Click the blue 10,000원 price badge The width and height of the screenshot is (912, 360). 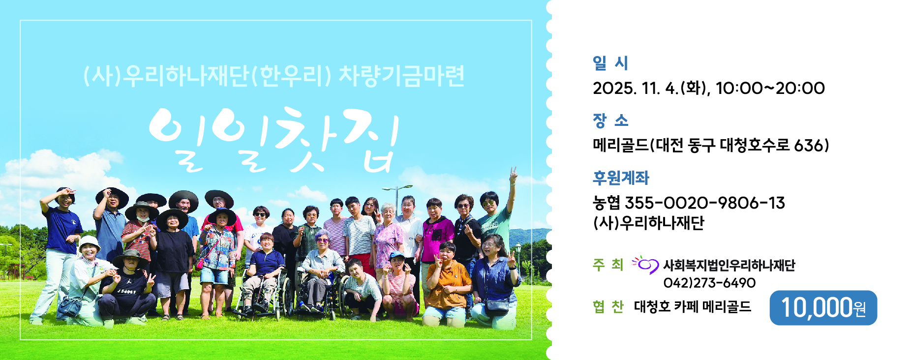pos(823,307)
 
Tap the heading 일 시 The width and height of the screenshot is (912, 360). pos(610,63)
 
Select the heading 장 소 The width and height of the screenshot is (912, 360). pos(610,120)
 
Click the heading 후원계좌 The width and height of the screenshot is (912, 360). pos(621,178)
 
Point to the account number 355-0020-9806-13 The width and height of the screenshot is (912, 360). pos(704,203)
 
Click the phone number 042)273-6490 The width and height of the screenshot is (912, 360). pos(709,283)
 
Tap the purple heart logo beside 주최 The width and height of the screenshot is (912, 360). pos(645,265)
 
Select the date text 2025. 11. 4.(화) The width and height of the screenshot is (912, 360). pos(651,89)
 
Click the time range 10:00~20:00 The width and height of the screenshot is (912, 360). pos(770,89)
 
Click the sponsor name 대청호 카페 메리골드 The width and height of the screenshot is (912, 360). pos(693,307)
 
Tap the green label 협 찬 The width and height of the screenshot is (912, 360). pos(608,307)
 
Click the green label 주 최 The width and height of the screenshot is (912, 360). pos(608,265)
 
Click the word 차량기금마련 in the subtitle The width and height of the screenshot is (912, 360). pos(401,76)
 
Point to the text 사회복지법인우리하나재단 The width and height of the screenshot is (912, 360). pos(729,266)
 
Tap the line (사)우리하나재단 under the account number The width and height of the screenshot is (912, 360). pos(648,223)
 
